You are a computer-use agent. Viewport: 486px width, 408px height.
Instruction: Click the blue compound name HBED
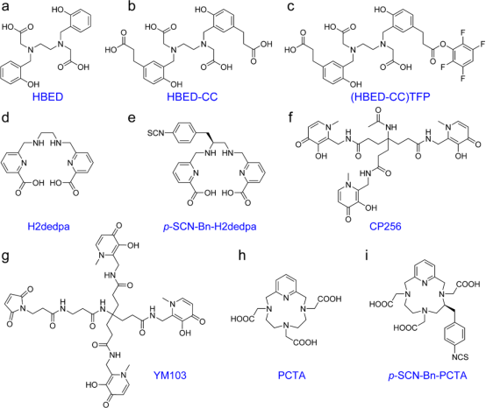click(47, 97)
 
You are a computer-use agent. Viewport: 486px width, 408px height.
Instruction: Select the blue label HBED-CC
click(192, 97)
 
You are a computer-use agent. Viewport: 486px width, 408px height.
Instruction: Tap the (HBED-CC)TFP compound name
click(390, 97)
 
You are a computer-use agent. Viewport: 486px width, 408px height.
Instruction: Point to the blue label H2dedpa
click(48, 227)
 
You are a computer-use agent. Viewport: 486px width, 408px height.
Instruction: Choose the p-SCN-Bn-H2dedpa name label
click(210, 227)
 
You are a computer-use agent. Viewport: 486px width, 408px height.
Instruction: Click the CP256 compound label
click(385, 227)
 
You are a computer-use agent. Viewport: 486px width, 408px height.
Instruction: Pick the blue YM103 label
click(170, 376)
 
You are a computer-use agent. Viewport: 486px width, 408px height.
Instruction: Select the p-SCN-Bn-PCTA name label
click(427, 376)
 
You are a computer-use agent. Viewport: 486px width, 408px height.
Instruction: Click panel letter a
click(5, 7)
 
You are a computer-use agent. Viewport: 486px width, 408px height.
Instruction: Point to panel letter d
click(5, 117)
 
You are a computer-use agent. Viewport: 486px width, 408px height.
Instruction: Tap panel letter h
click(242, 255)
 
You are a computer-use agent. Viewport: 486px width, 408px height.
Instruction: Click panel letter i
click(368, 255)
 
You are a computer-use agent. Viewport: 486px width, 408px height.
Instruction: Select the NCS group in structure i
click(460, 357)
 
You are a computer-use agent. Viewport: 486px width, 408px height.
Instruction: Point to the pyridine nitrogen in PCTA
click(286, 297)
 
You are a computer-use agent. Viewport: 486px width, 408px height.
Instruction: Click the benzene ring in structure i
click(454, 334)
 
